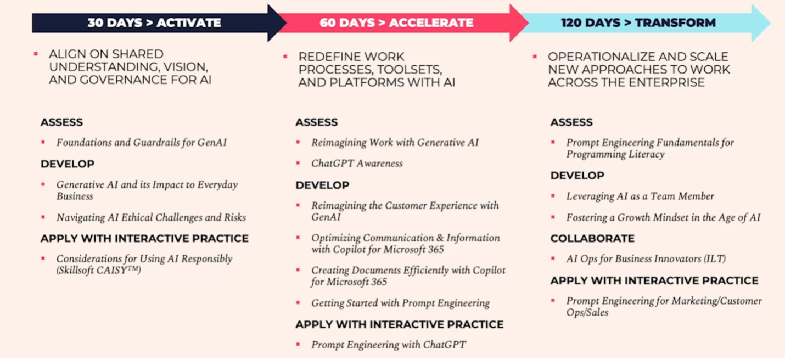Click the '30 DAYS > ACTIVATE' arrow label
154,23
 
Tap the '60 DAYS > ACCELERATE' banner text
396,23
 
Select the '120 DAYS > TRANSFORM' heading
638,23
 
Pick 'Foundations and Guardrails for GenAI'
141,143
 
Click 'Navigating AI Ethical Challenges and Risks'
151,217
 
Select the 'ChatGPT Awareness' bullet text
357,164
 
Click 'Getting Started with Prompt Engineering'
400,303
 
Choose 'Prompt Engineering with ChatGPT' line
388,345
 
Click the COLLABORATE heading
592,238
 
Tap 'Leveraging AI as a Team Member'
640,196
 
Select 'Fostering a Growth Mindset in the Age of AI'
663,217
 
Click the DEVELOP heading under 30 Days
68,164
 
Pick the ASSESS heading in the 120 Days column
571,122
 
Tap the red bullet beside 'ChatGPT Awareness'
298,164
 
